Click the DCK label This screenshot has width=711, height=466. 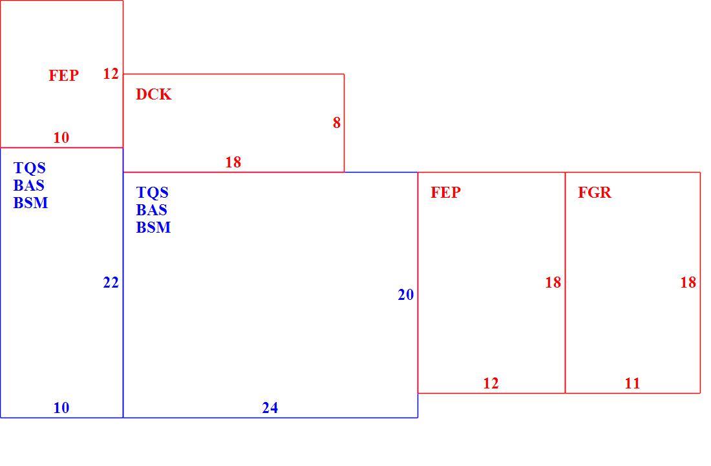(x=154, y=94)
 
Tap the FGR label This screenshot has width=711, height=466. (x=595, y=193)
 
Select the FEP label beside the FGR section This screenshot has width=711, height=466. (x=445, y=193)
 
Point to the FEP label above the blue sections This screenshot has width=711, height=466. (x=63, y=75)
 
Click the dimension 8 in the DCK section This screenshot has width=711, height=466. (x=337, y=123)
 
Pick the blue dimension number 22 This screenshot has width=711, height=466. (x=111, y=283)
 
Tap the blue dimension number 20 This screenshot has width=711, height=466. (x=406, y=295)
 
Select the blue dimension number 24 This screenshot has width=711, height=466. (x=270, y=408)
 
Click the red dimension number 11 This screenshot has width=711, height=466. (x=632, y=383)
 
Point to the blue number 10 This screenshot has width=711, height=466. (x=61, y=408)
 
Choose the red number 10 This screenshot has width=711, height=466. (x=61, y=138)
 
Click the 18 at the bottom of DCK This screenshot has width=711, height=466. (x=233, y=162)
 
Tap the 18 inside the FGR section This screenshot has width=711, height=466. (x=688, y=283)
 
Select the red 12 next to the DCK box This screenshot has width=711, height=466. (x=111, y=74)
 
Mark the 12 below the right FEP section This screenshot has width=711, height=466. (x=491, y=383)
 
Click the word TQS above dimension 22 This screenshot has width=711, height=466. (x=30, y=168)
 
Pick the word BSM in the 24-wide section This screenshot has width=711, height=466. (x=153, y=227)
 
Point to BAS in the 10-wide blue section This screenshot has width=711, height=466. (x=28, y=185)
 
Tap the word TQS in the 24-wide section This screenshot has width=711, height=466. (x=153, y=193)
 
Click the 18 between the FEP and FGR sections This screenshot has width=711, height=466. (x=553, y=283)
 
